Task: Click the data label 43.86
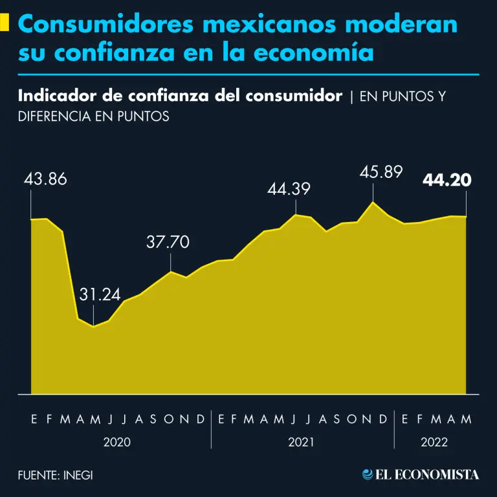(x=45, y=179)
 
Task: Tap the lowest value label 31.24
(x=100, y=294)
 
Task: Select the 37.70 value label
(x=168, y=243)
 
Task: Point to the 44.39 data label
(x=289, y=190)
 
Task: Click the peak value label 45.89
(x=382, y=172)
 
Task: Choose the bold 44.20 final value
(x=447, y=181)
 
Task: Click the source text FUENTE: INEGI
(x=56, y=474)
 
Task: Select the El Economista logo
(x=421, y=474)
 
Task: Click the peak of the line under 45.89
(x=373, y=203)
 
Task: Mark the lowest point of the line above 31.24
(x=94, y=327)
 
